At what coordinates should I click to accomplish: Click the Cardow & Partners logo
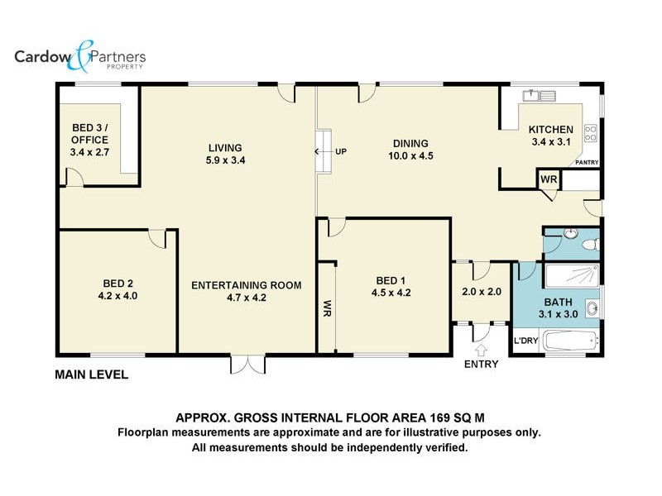[80, 56]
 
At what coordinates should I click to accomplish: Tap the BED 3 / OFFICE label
[90, 134]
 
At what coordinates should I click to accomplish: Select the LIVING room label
[225, 148]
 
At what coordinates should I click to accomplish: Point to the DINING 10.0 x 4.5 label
[410, 150]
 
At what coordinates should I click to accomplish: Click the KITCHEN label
[551, 130]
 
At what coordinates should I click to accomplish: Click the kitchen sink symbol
[540, 96]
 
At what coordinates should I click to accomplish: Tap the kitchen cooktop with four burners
[591, 133]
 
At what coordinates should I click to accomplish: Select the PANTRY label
[587, 162]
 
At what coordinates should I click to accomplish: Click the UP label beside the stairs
[341, 151]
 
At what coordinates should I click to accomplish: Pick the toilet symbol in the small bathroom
[590, 244]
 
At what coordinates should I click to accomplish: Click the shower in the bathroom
[572, 276]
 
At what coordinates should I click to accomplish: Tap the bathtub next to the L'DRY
[570, 341]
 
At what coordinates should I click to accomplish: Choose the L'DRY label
[525, 341]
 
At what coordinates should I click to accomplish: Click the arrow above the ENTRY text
[481, 351]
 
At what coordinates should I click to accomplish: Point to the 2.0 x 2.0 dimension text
[482, 292]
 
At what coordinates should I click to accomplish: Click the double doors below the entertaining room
[247, 365]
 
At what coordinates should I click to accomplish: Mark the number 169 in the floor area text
[440, 417]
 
